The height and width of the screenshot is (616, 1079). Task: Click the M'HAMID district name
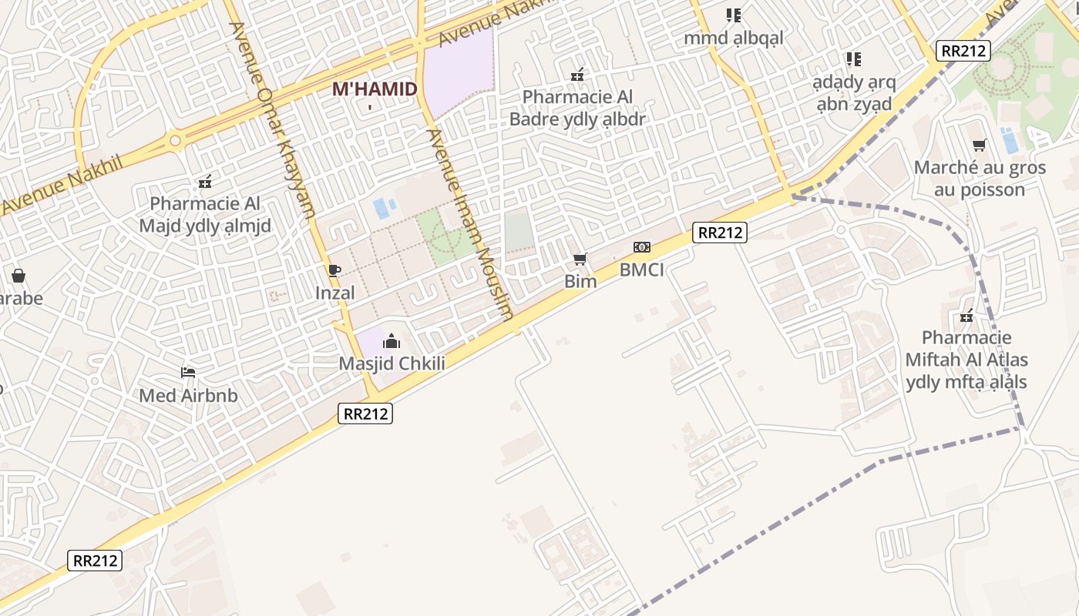(375, 89)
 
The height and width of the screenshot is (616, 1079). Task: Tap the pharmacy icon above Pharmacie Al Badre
(577, 75)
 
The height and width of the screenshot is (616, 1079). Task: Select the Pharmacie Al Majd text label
(205, 215)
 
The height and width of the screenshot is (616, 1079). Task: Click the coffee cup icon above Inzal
(334, 270)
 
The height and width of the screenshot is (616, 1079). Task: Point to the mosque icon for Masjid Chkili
(392, 340)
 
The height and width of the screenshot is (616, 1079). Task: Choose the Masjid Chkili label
(392, 363)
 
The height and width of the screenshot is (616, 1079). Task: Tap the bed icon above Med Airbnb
(188, 373)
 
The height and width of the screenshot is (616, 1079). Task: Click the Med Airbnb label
(188, 396)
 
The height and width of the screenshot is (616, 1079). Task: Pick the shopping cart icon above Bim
(580, 259)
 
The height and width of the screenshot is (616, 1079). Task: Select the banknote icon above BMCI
(641, 247)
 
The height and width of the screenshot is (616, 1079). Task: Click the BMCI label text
(641, 269)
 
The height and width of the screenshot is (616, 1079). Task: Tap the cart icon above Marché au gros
(980, 145)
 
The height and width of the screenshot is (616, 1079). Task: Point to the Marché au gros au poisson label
(980, 179)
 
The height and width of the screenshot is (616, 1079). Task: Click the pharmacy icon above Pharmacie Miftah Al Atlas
(966, 316)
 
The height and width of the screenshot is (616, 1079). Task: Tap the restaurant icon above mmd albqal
(733, 15)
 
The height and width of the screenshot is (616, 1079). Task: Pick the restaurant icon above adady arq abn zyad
(853, 59)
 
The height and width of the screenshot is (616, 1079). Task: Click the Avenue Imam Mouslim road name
(470, 223)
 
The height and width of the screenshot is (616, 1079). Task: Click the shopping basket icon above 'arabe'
(18, 275)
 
